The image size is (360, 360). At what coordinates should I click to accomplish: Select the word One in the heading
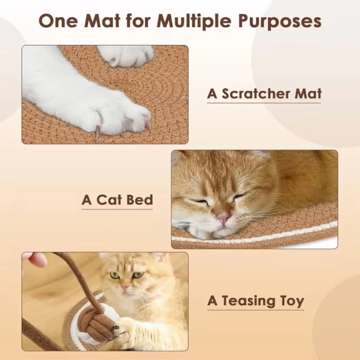point(59,21)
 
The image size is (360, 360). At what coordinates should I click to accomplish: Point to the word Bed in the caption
point(140,200)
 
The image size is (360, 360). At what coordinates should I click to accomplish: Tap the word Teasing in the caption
point(248,301)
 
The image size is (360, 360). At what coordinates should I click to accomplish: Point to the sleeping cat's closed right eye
point(239,196)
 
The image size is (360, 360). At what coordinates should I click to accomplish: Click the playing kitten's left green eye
point(114,275)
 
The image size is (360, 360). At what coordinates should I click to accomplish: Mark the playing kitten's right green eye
point(139,275)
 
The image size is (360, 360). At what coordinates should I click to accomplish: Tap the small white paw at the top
point(125,55)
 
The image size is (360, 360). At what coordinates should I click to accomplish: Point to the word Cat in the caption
point(109,200)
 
